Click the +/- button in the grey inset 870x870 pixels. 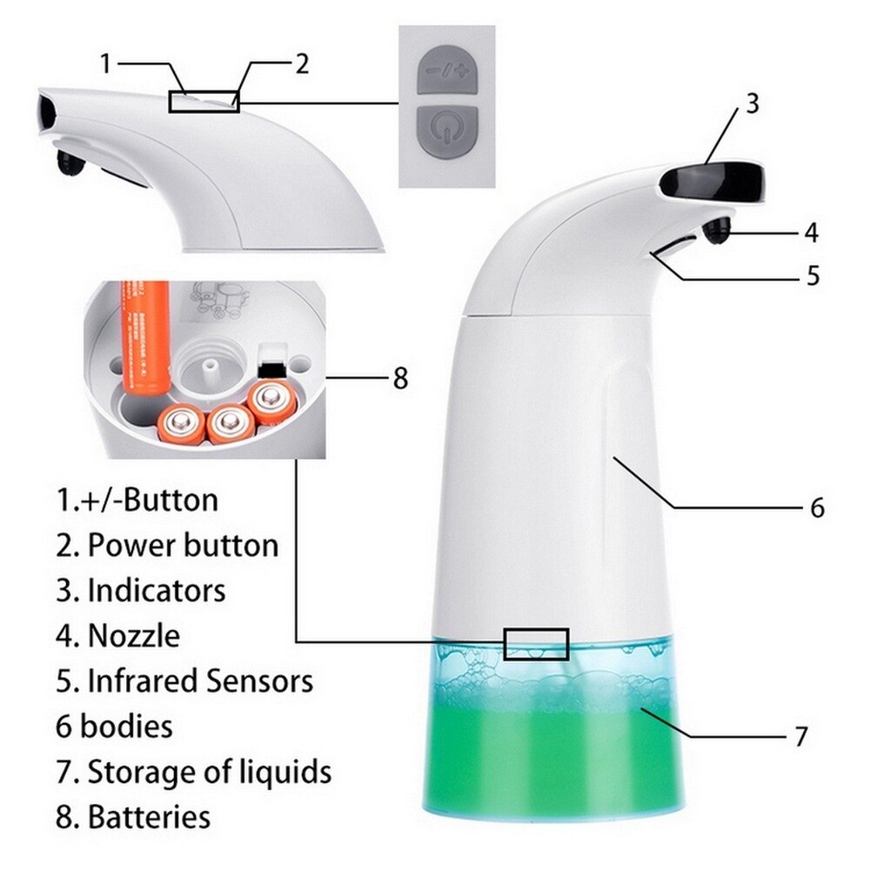coord(446,72)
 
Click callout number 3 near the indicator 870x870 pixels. coord(753,103)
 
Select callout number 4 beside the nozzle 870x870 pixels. coord(811,232)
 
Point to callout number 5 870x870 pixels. coord(813,276)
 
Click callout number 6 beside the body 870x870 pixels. coord(817,507)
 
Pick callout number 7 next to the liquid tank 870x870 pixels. coord(801,737)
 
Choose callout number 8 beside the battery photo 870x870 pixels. coord(399,378)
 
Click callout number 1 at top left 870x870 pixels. coord(105,64)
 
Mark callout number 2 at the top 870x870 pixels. coord(301,64)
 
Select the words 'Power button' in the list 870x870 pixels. coord(184,545)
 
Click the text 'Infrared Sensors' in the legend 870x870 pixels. coord(199,680)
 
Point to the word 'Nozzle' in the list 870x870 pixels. coord(133,635)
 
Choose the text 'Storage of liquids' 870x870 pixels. coord(209,771)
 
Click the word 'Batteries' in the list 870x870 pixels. coord(149,817)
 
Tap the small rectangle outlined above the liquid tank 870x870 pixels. coord(536,644)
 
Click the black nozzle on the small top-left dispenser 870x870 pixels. coord(66,161)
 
